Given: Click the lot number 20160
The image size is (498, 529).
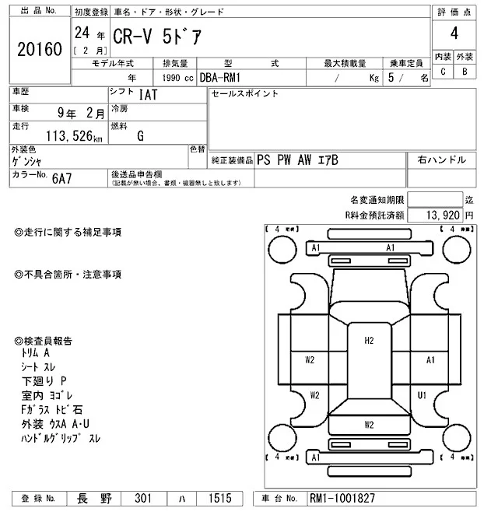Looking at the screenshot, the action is [x=39, y=50].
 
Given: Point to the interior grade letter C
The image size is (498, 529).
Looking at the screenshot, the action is [x=443, y=72].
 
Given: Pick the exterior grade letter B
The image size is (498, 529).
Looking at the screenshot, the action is [x=465, y=72].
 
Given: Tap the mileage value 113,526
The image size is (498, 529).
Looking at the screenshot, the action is [x=74, y=137].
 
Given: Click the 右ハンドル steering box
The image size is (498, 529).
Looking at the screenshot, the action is [x=441, y=160].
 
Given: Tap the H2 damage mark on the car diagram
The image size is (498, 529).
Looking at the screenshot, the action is [x=370, y=339].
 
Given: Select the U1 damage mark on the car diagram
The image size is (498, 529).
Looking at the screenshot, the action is [x=422, y=395].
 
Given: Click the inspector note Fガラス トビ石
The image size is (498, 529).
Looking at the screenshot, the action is [x=53, y=409].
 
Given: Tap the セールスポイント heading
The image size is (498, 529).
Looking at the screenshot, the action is [x=244, y=94].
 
